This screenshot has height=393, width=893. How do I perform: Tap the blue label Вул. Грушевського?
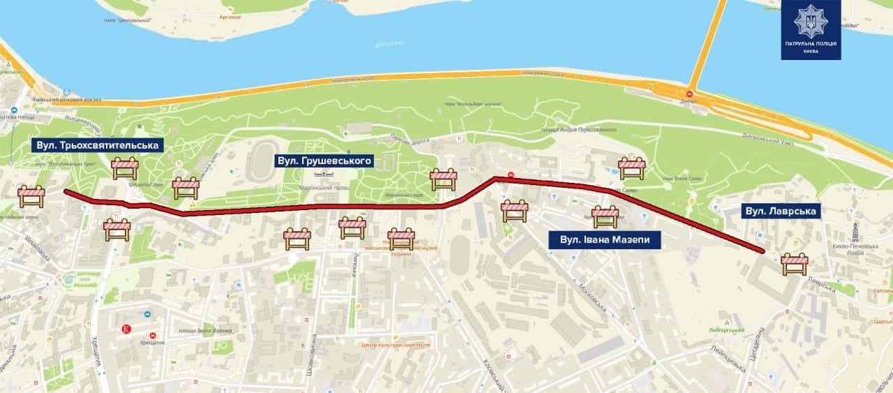323,161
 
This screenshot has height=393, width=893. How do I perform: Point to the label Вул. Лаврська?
780,210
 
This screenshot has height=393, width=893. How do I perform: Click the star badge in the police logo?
811,21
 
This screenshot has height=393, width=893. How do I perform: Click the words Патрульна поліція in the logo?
811,43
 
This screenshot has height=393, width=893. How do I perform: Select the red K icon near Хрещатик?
126,329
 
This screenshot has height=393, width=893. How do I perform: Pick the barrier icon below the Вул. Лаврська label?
794,263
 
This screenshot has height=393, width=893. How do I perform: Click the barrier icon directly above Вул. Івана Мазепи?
605,216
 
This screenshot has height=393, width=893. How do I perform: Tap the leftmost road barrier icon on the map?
31,196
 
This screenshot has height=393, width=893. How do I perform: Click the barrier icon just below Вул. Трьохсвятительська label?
125,168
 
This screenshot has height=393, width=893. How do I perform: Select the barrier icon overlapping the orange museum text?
401,239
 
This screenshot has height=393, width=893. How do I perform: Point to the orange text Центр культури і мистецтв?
396,345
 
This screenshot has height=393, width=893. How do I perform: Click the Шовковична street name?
314,356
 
